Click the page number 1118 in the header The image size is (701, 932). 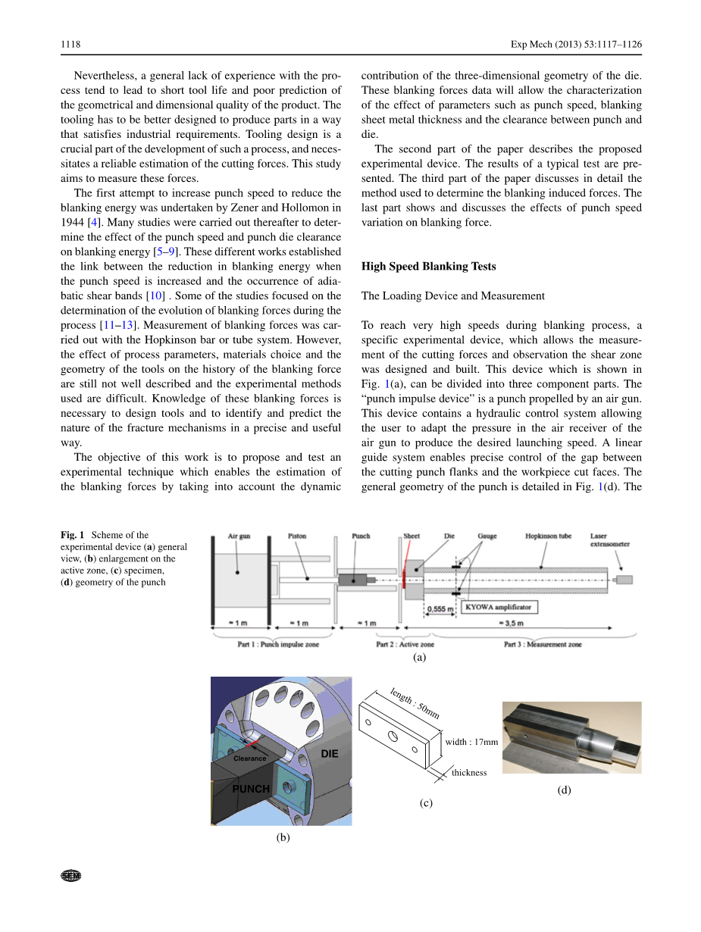pyautogui.click(x=70, y=45)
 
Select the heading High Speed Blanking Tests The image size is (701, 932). pyautogui.click(x=428, y=266)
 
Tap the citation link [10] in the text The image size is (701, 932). pyautogui.click(x=155, y=295)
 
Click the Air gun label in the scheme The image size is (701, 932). pyautogui.click(x=239, y=536)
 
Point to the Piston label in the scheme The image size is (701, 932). pyautogui.click(x=297, y=536)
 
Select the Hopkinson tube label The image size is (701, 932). pyautogui.click(x=548, y=536)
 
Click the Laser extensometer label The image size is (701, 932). pyautogui.click(x=609, y=539)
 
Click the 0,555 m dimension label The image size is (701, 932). pyautogui.click(x=440, y=608)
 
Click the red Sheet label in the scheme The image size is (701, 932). pyautogui.click(x=412, y=536)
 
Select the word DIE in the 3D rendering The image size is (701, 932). pyautogui.click(x=329, y=754)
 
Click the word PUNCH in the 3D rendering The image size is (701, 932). pyautogui.click(x=251, y=789)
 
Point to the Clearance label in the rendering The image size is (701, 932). pyautogui.click(x=249, y=758)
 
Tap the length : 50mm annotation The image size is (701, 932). pyautogui.click(x=415, y=703)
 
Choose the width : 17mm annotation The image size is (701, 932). pyautogui.click(x=471, y=742)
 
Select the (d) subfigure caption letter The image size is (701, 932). pyautogui.click(x=564, y=790)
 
